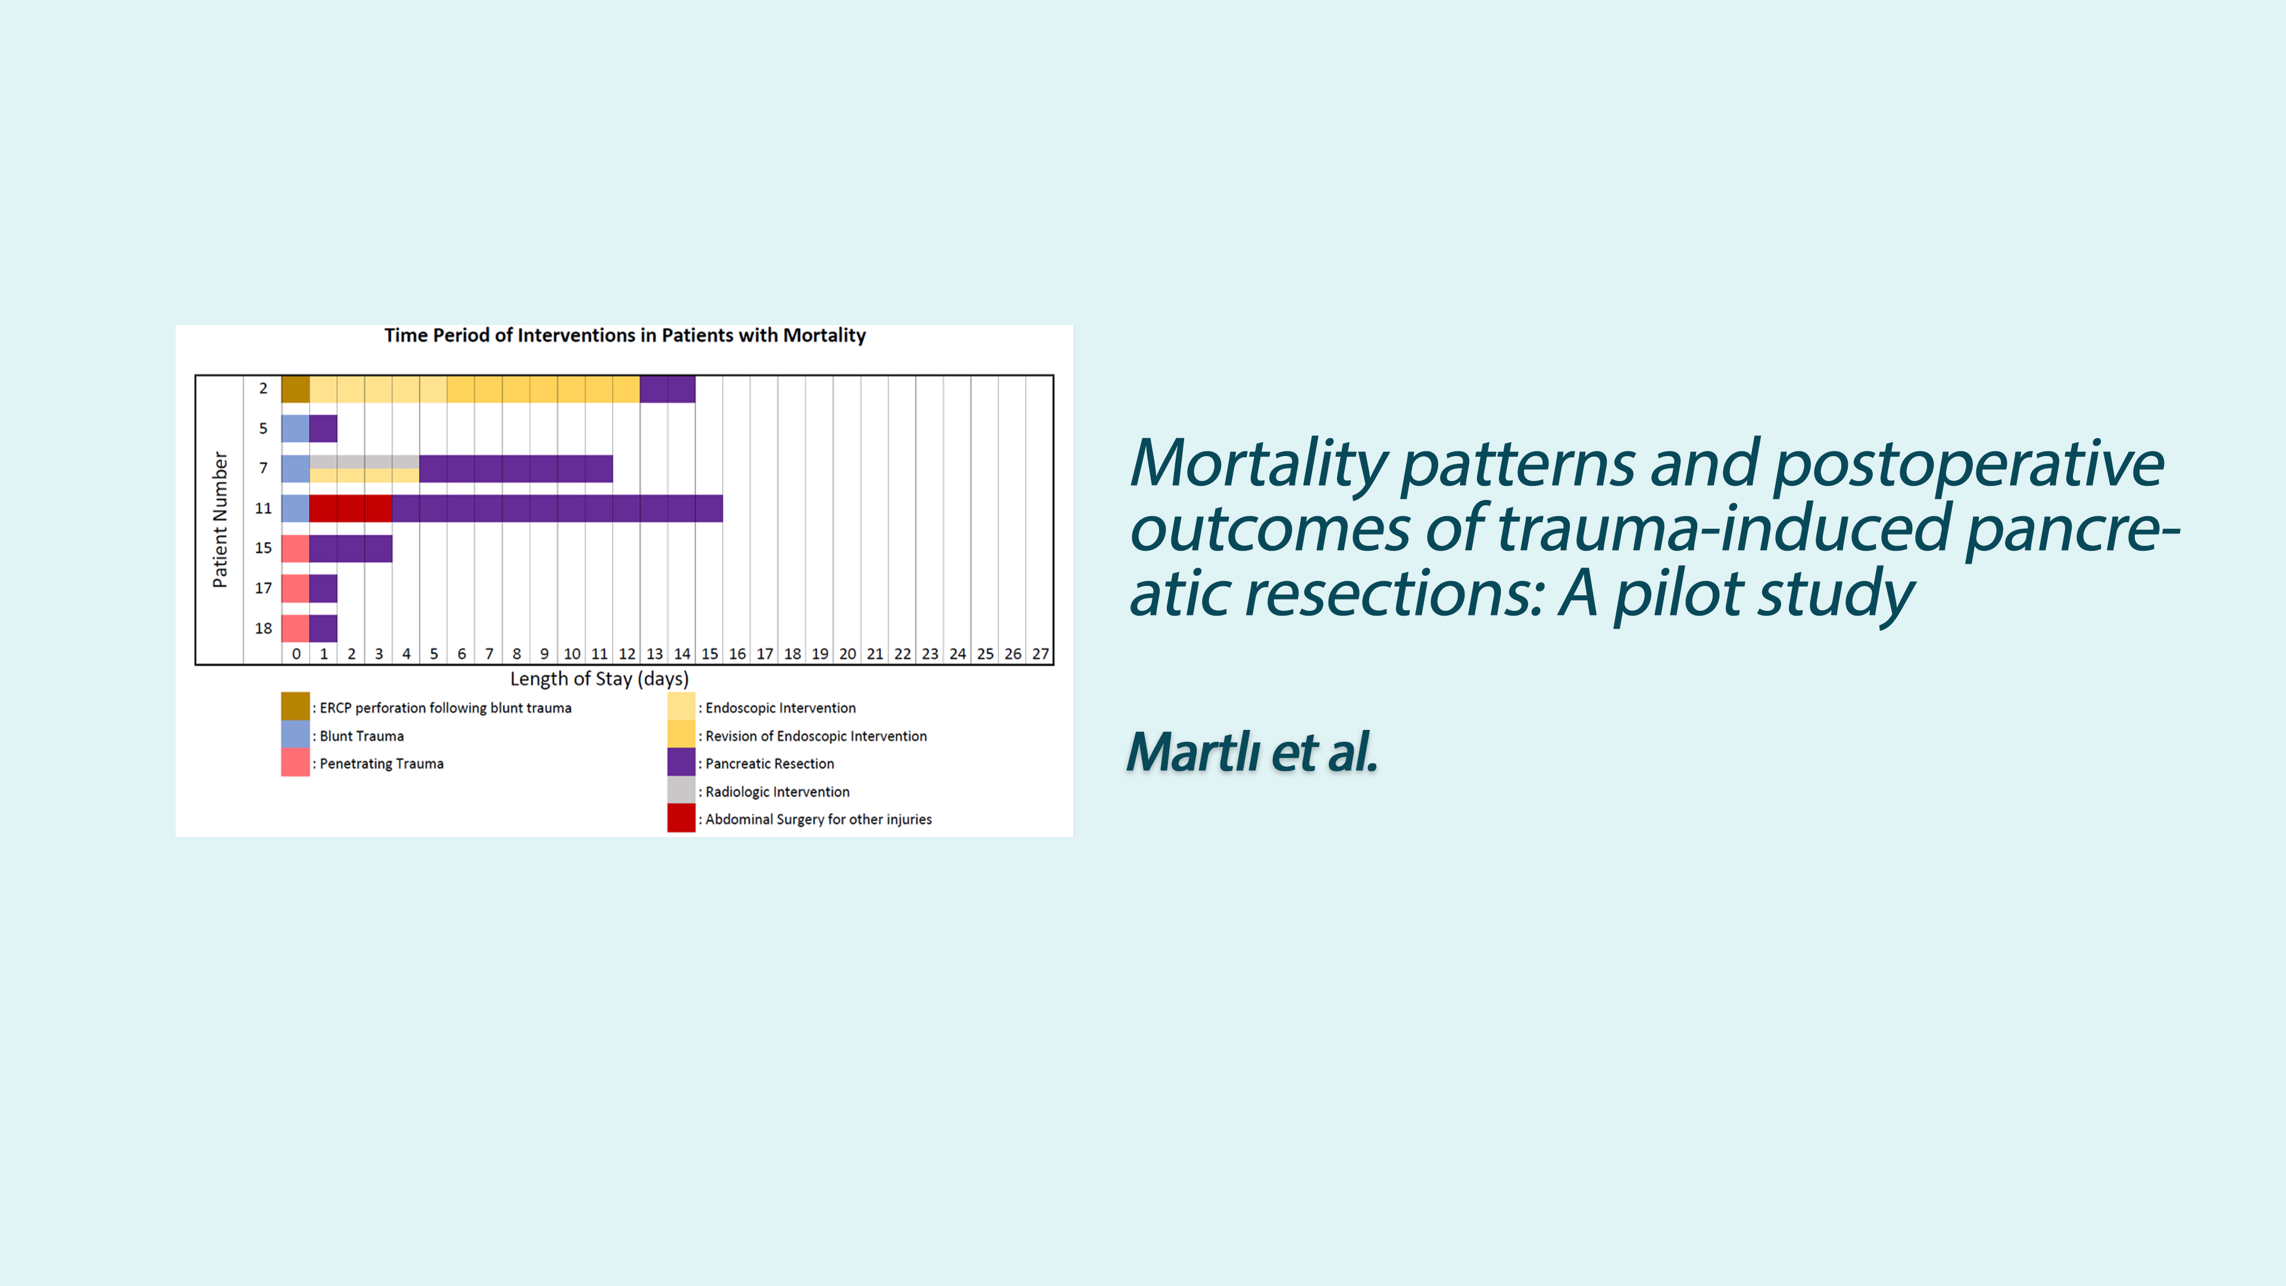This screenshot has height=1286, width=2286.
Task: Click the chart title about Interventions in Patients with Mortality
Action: coord(624,335)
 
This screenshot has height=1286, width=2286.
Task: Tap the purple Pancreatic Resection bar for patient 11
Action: coord(557,508)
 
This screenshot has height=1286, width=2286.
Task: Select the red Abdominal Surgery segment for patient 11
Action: coord(351,508)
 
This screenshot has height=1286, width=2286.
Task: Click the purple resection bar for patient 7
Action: coord(516,469)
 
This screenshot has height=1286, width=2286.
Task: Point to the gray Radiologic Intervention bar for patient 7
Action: coord(364,461)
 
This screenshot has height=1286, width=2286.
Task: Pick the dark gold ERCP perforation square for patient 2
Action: coord(295,389)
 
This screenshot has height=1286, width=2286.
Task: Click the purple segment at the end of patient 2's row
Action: coord(667,389)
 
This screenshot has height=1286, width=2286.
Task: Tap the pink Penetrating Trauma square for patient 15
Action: coord(295,548)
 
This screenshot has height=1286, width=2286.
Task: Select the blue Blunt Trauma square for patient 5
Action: coord(295,429)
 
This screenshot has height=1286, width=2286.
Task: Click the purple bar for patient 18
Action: coord(323,628)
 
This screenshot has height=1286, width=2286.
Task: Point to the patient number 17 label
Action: coord(264,588)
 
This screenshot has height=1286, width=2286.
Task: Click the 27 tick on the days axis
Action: coord(1040,654)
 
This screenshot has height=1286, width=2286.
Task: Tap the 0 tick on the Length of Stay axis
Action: coord(296,654)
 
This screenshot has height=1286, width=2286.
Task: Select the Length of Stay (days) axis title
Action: coord(599,679)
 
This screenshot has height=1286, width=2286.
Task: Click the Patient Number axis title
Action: coord(220,519)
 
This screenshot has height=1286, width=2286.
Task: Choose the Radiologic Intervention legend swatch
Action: coord(680,790)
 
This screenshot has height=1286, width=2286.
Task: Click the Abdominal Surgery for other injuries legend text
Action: coord(818,819)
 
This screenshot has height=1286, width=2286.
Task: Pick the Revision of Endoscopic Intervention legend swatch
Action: coord(680,735)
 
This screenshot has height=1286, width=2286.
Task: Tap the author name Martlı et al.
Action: coord(1252,753)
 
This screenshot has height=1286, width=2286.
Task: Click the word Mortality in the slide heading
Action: coord(1258,464)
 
